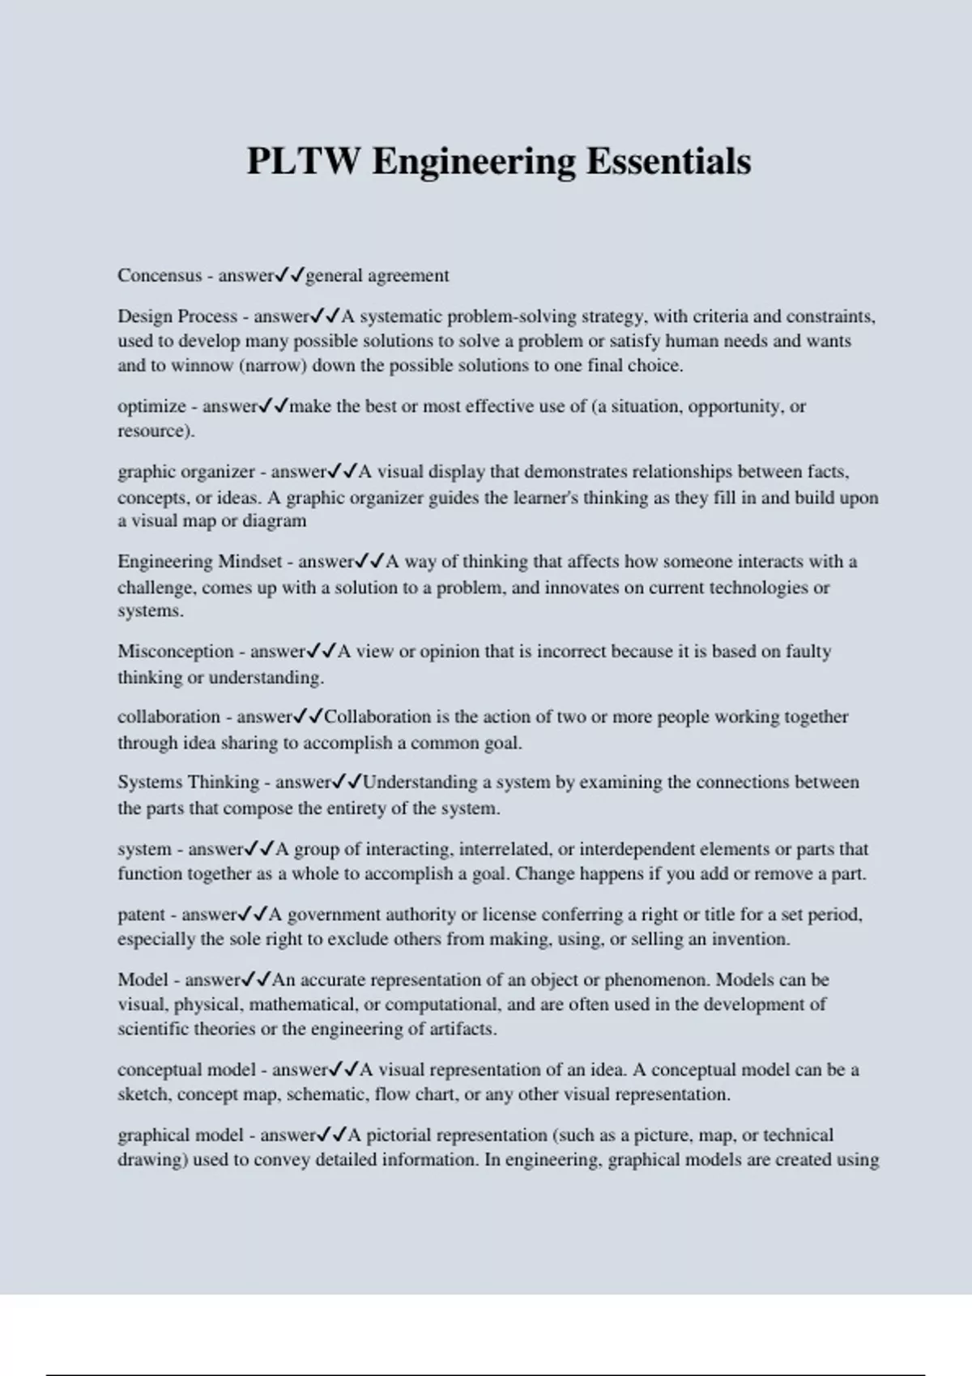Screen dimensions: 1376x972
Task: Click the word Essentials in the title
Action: coord(668,160)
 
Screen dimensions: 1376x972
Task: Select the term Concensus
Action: coord(160,275)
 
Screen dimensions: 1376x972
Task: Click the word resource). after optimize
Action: coord(156,431)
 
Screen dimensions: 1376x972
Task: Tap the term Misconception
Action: coord(176,652)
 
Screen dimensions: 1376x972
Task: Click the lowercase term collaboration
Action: coord(168,717)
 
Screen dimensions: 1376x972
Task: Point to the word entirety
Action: coord(404,808)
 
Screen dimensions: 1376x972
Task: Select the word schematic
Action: coord(330,1094)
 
